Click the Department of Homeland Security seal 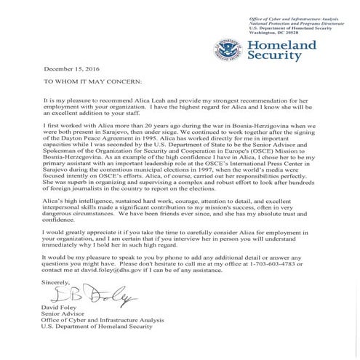pyautogui.click(x=225, y=50)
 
